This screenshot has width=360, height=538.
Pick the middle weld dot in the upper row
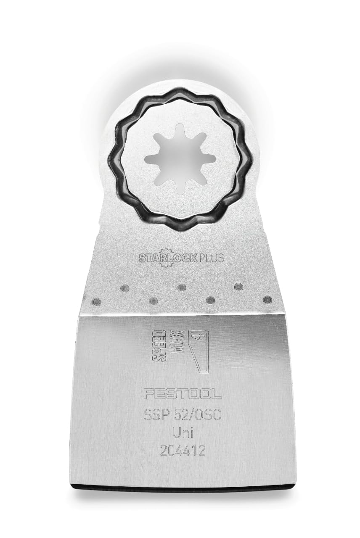[181, 287]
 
